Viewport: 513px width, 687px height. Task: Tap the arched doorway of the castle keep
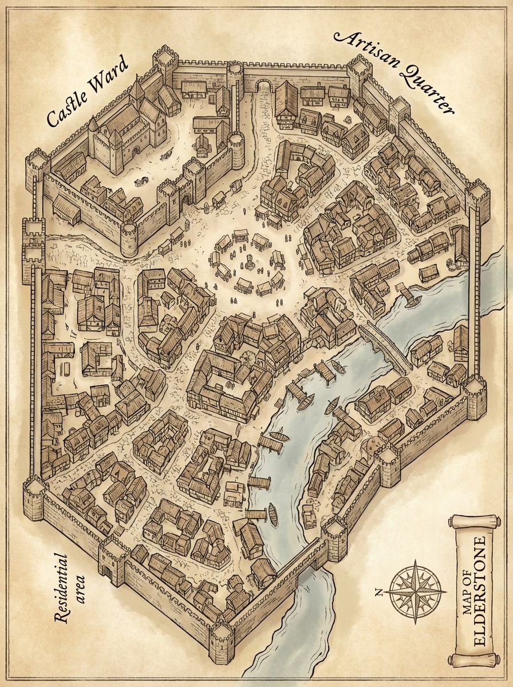(x=135, y=152)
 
